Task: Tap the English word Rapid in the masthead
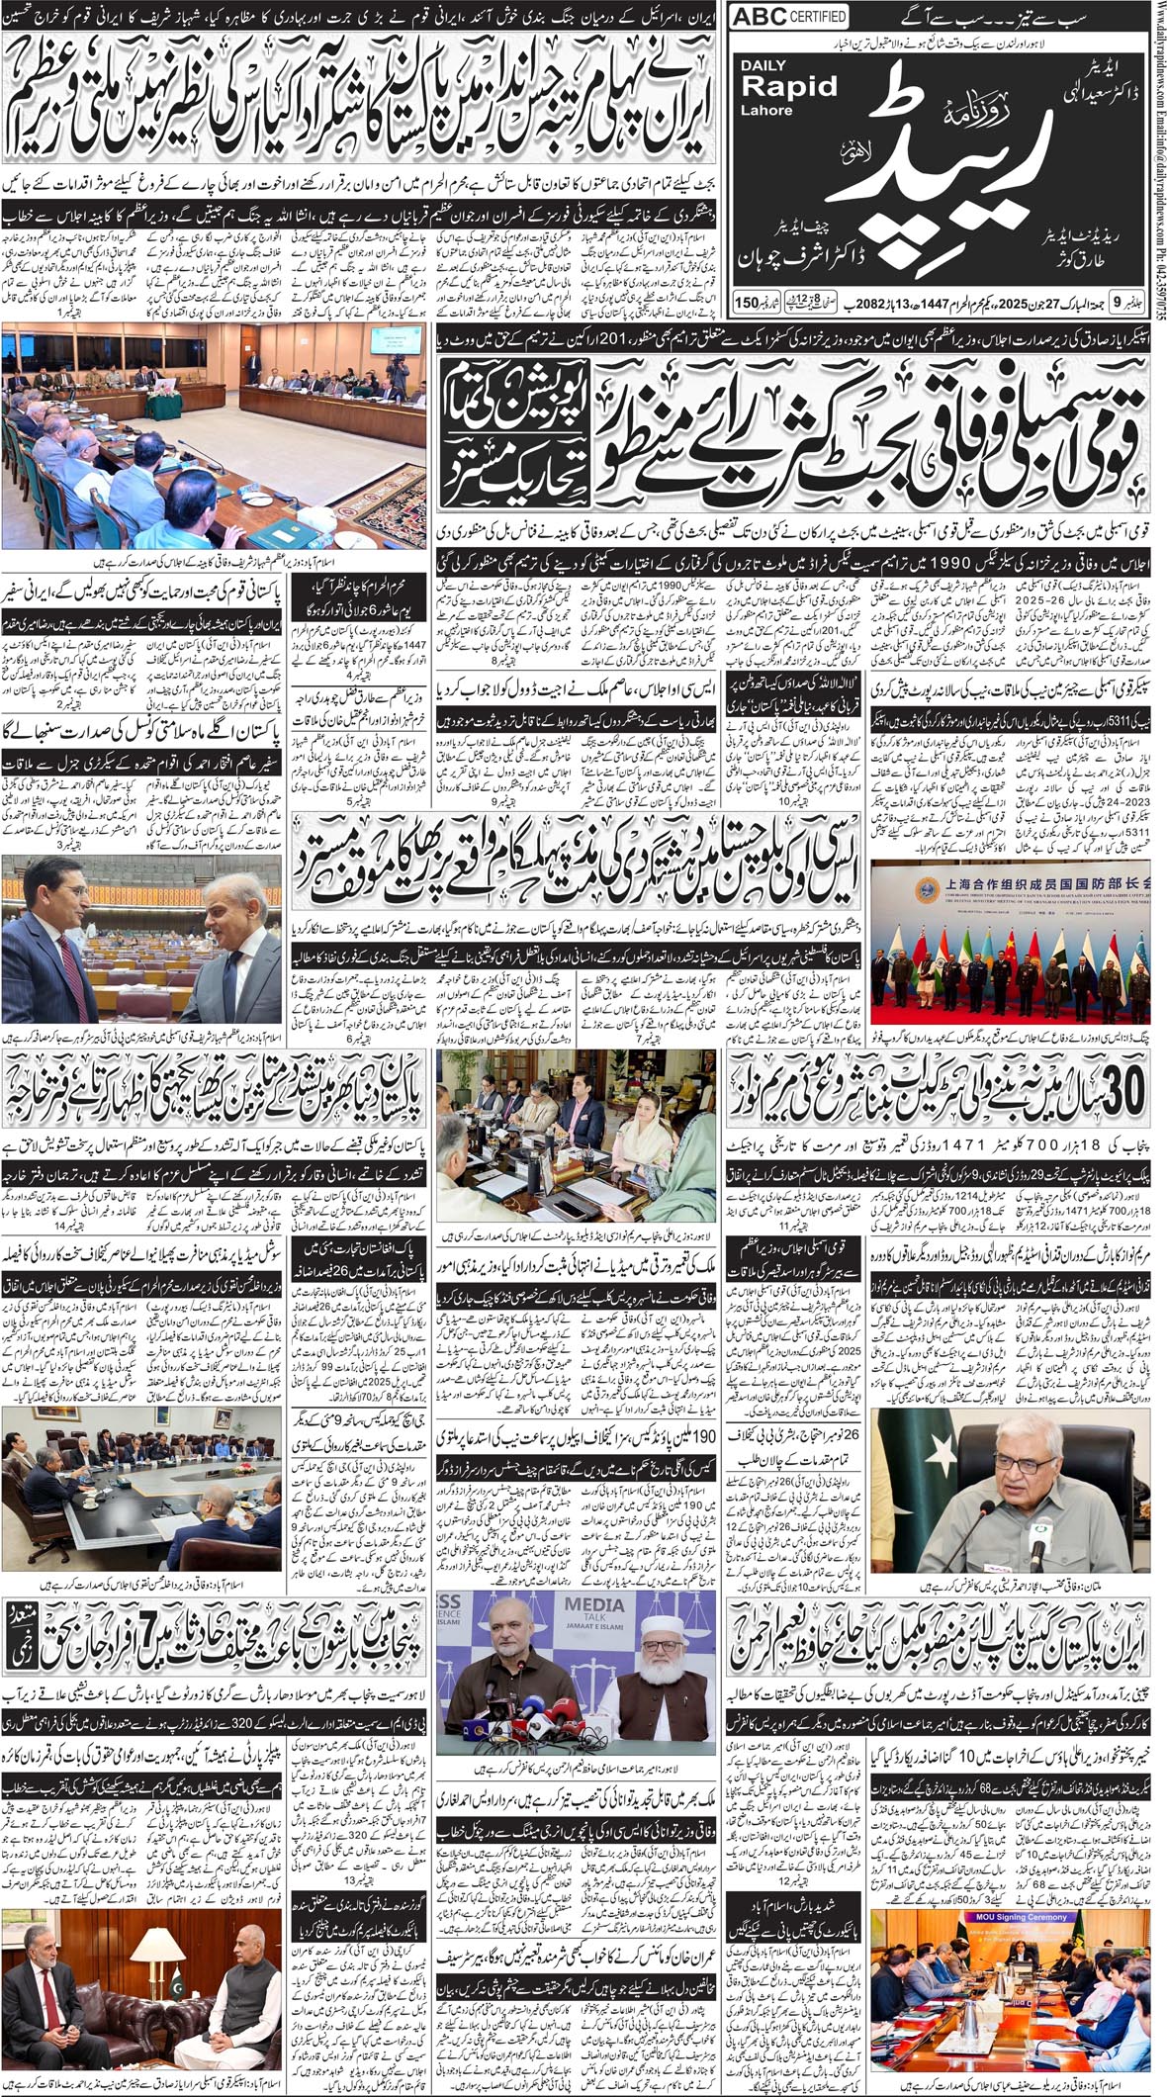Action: [789, 86]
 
